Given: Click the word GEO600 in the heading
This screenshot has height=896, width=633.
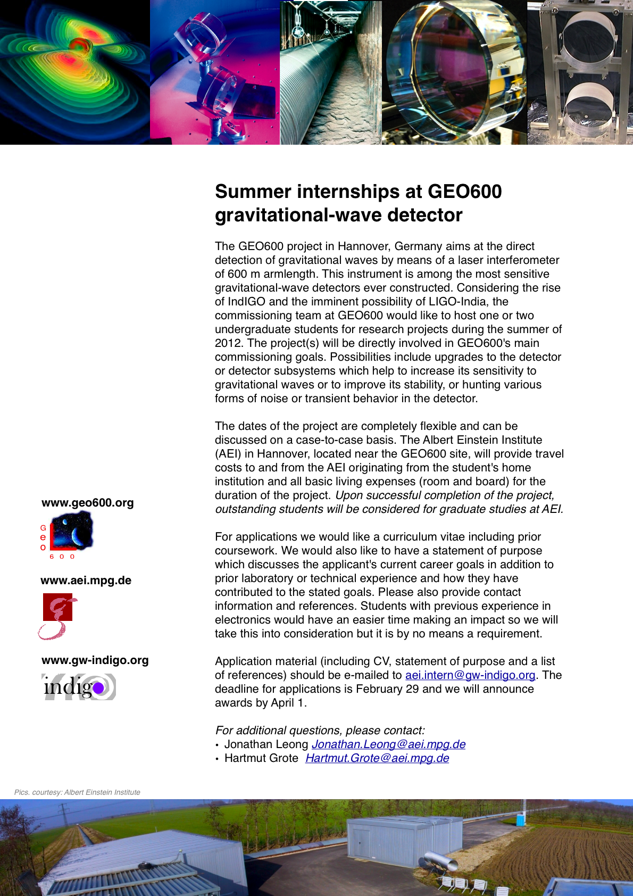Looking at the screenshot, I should [x=464, y=192].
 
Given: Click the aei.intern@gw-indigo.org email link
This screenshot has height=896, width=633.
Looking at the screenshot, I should [x=470, y=675].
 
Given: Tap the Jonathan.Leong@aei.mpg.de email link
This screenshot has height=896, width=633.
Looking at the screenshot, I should [x=388, y=744].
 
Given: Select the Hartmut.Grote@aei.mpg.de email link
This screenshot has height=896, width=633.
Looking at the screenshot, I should [x=377, y=758].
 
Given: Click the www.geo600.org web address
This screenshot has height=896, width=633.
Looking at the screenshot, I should [x=88, y=503].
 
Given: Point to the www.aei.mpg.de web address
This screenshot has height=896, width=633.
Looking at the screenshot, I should [x=86, y=580].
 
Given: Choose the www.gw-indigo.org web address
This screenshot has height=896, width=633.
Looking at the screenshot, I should [x=95, y=660].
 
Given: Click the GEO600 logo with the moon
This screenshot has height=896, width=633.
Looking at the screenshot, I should [x=71, y=530].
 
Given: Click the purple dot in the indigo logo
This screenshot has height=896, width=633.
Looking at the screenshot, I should [x=98, y=689].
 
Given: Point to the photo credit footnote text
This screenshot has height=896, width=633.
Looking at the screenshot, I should [x=77, y=792].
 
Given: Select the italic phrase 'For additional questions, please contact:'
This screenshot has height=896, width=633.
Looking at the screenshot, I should [x=320, y=731].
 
